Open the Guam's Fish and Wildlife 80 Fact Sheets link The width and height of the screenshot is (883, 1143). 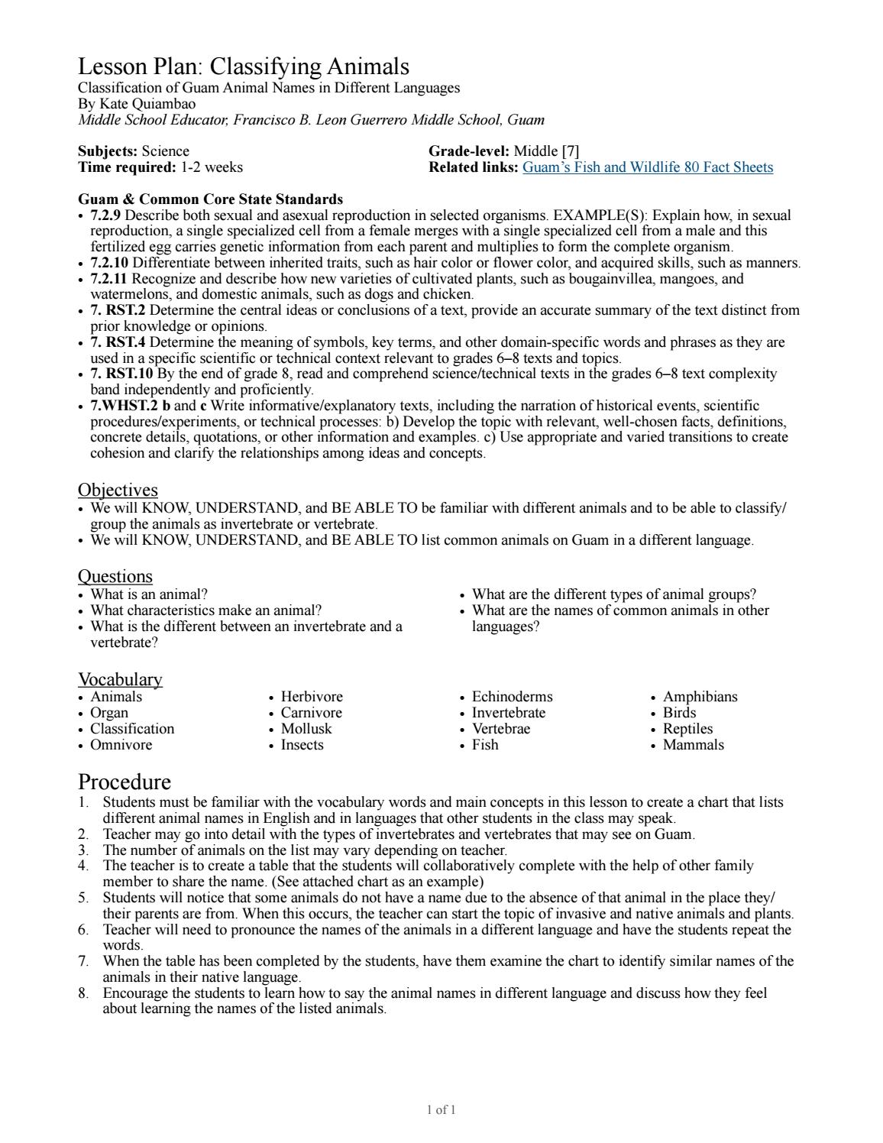647,167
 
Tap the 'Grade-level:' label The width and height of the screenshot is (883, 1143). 468,151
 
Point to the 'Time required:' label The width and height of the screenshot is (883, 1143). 127,167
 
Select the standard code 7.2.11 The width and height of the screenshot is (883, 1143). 109,279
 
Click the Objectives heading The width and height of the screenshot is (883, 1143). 118,490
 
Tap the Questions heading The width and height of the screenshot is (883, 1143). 115,576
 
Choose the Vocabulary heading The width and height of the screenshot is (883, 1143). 120,679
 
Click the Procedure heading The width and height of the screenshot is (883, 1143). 125,782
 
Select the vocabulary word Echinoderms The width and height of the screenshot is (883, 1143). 512,697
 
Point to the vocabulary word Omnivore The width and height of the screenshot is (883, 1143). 121,745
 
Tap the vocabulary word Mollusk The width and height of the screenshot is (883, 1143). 306,729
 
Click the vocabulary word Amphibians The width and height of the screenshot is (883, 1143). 700,697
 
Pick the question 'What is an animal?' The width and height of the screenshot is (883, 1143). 149,594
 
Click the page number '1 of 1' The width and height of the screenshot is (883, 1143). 441,1110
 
